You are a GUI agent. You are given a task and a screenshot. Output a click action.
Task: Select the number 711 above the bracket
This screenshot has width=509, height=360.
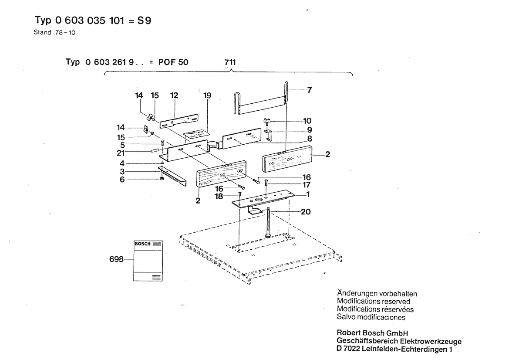click(230, 62)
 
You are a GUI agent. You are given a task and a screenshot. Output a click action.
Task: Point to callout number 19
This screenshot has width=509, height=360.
click(207, 95)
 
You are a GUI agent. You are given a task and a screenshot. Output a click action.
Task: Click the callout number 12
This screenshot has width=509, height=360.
click(175, 95)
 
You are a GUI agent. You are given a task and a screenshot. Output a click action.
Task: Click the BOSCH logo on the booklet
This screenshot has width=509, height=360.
click(142, 244)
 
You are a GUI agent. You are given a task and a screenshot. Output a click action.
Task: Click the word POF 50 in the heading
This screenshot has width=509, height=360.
click(173, 62)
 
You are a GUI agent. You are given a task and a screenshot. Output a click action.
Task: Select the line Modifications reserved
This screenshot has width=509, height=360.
click(374, 301)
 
